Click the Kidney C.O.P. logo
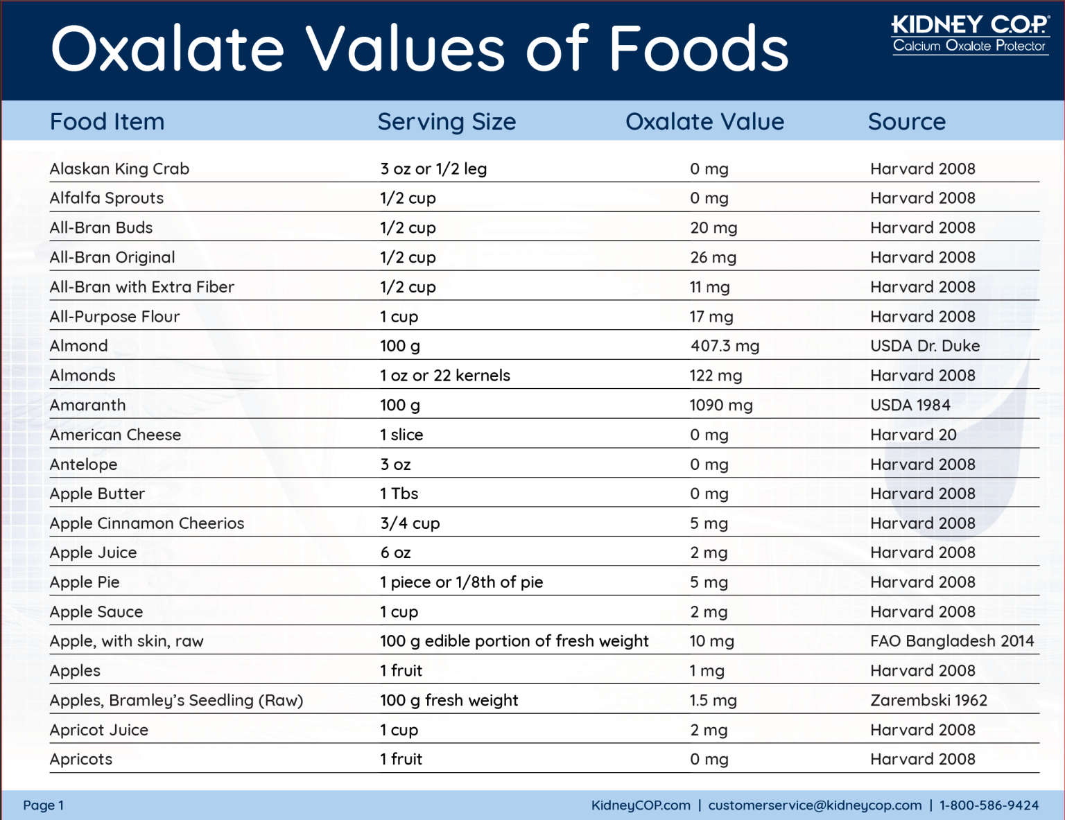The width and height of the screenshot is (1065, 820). coord(969,34)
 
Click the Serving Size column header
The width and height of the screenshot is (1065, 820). coord(447,122)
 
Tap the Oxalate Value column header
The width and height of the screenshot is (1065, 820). coord(704,122)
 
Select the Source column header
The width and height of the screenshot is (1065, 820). coord(906,122)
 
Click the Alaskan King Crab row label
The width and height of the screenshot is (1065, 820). coord(119,169)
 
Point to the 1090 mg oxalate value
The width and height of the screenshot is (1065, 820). coord(720,405)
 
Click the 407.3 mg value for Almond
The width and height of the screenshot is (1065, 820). coord(725,346)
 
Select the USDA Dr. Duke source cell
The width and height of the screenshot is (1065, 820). coord(924,346)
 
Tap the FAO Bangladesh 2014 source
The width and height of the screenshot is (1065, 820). coord(951,641)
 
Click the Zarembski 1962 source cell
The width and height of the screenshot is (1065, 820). coord(928,701)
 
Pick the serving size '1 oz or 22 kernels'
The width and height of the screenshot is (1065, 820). coord(444,376)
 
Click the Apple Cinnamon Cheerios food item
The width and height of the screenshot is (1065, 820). coord(147,523)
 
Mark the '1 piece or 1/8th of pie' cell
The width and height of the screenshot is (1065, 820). coord(461,582)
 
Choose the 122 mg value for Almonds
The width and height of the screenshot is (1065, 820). coord(715,376)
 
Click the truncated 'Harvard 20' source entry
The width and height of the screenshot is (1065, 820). coord(913,435)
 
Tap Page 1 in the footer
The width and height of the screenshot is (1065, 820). coord(43,805)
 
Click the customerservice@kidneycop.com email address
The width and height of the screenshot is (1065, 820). coord(815,805)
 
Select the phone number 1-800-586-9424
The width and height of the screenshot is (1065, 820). coord(989,805)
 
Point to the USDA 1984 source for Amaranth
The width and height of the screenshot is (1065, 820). coord(910,405)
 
